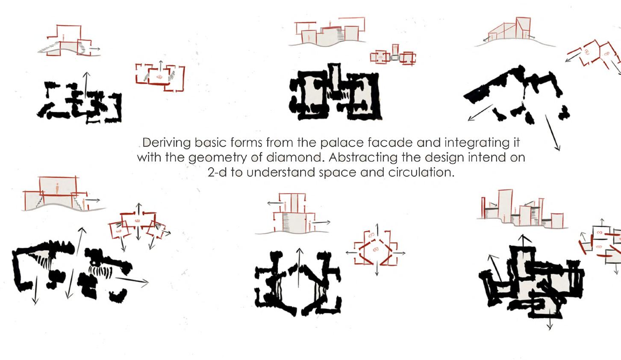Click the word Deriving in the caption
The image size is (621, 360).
click(166, 143)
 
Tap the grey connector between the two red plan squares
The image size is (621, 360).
click(394, 58)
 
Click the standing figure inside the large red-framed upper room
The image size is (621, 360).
click(57, 189)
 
